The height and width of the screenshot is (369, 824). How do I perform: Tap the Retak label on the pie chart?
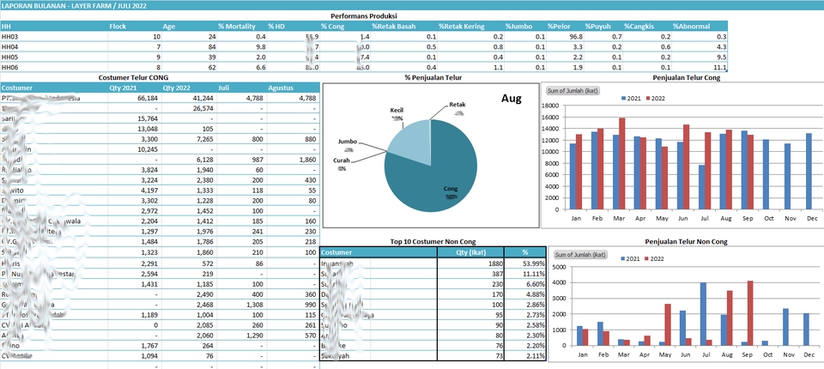click(x=457, y=105)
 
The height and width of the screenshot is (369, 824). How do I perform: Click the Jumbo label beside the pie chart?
click(x=347, y=140)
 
